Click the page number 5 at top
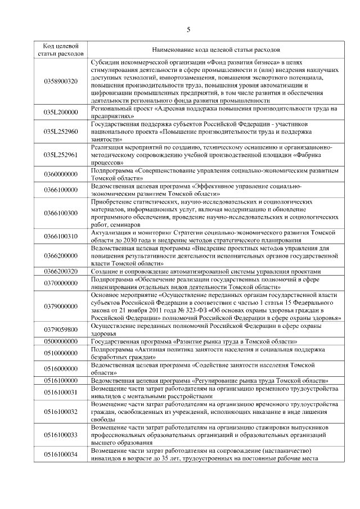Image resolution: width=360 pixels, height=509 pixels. coord(188,29)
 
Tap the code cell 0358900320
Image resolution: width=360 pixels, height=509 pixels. coord(60,81)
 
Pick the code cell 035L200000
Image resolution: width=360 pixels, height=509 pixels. coord(60,112)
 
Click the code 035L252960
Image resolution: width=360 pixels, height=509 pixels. coord(60,131)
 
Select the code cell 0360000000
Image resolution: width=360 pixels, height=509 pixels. coord(60,174)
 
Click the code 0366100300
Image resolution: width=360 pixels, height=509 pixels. coord(60,213)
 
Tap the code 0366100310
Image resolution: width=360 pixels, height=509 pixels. coord(60,236)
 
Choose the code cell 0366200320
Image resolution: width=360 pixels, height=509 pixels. coord(60,271)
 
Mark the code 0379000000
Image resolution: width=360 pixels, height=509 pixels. coord(60,306)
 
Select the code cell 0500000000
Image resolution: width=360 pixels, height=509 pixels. coord(60,341)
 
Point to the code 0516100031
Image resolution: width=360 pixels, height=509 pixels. coord(60,392)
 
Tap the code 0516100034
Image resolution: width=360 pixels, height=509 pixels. coord(60,454)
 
